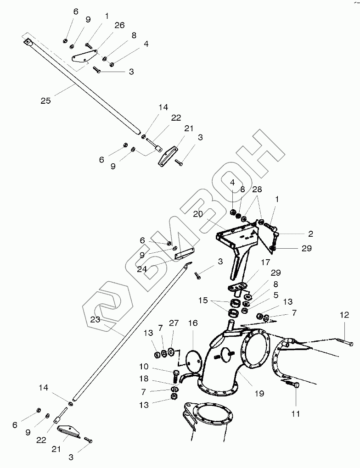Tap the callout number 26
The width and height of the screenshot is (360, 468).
click(x=119, y=26)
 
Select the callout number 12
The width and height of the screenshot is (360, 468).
click(x=344, y=315)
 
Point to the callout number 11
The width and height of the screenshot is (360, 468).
click(x=295, y=413)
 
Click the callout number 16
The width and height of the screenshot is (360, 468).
click(x=192, y=323)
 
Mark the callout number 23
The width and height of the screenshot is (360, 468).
click(x=95, y=320)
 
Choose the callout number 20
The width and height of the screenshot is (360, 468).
click(x=198, y=214)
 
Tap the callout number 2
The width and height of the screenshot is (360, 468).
click(x=310, y=234)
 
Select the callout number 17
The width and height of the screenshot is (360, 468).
click(x=266, y=263)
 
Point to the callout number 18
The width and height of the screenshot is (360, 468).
click(x=144, y=380)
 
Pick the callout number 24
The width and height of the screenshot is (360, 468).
click(x=142, y=269)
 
